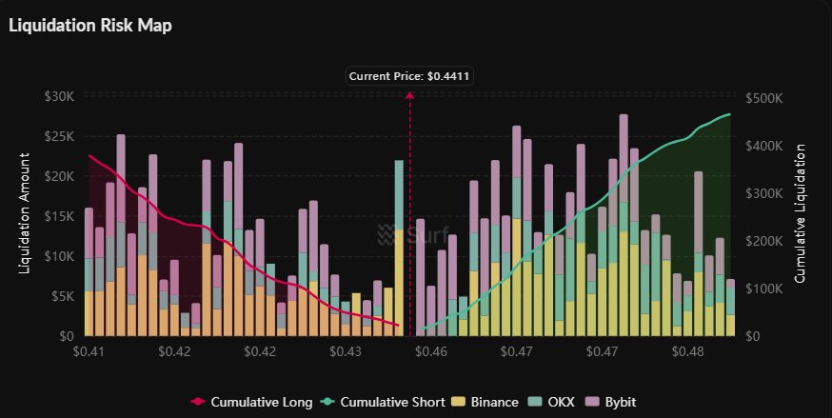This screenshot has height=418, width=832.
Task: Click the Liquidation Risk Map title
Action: (x=89, y=26)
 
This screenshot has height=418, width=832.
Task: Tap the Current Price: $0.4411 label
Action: (x=409, y=75)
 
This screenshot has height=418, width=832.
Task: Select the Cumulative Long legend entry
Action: (x=252, y=402)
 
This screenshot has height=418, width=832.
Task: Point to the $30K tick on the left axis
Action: (x=60, y=96)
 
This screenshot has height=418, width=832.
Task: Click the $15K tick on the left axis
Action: (x=60, y=216)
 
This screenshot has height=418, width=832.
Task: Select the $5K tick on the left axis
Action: (x=63, y=296)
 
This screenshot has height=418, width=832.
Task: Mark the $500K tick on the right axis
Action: (x=766, y=98)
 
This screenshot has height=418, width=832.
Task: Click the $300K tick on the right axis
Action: (x=766, y=193)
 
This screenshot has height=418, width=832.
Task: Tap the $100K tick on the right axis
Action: (x=766, y=289)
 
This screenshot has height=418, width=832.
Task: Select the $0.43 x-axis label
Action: (x=346, y=351)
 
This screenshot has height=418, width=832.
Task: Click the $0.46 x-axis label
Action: (x=431, y=351)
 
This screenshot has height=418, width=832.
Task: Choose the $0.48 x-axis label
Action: (x=687, y=351)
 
